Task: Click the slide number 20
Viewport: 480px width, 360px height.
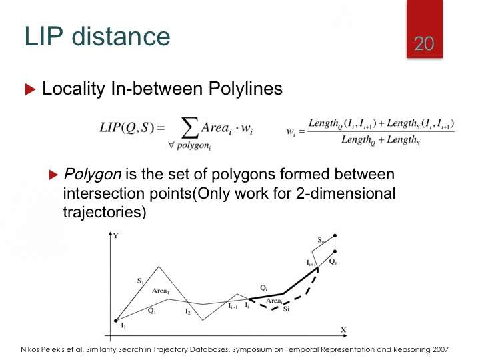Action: [x=424, y=43]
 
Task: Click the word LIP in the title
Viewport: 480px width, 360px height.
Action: [x=43, y=37]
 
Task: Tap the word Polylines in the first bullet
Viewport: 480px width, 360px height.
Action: [x=245, y=89]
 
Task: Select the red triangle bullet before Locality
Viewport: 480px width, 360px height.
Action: [x=30, y=89]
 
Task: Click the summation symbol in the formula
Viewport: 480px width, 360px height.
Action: [x=189, y=127]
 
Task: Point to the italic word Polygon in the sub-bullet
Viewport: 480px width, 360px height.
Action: [x=93, y=175]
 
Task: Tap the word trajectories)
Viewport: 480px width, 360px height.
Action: [x=105, y=212]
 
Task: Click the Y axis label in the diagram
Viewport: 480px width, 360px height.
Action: [x=116, y=236]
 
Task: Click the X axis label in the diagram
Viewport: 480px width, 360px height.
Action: [x=343, y=330]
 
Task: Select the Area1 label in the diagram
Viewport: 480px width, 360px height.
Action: [x=161, y=291]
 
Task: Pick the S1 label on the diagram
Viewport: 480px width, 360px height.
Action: [x=141, y=281]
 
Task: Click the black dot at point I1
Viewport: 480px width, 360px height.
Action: [x=116, y=321]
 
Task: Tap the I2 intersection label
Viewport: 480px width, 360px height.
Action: [x=188, y=311]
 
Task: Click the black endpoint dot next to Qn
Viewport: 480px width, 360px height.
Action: [x=335, y=251]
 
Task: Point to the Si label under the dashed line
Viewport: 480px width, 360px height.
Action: [x=286, y=309]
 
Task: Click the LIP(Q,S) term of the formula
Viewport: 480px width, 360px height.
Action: [x=127, y=127]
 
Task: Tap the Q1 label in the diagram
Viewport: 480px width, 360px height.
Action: [x=152, y=311]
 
